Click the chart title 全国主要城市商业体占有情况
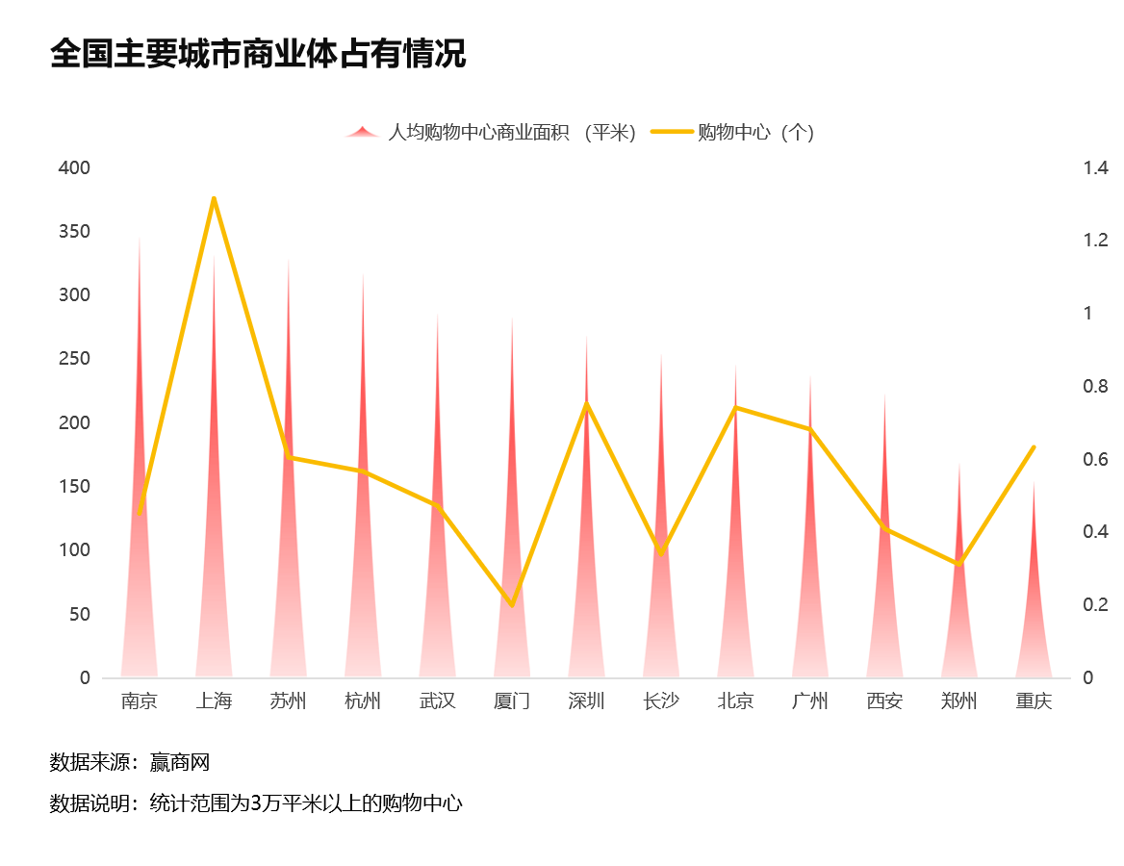(x=258, y=54)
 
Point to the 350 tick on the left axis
(x=74, y=232)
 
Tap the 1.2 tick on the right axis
(x=1095, y=241)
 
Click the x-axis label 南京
(x=140, y=700)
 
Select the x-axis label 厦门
(x=512, y=700)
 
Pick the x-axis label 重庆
(x=1034, y=700)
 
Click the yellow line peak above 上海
(x=214, y=198)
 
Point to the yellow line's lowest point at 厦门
(x=512, y=605)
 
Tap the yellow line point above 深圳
(x=587, y=403)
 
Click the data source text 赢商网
(x=180, y=763)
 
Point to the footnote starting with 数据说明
(x=256, y=803)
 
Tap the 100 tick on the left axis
(x=74, y=550)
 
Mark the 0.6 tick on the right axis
(x=1095, y=459)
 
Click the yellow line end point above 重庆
(x=1034, y=447)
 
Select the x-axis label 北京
(x=736, y=700)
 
